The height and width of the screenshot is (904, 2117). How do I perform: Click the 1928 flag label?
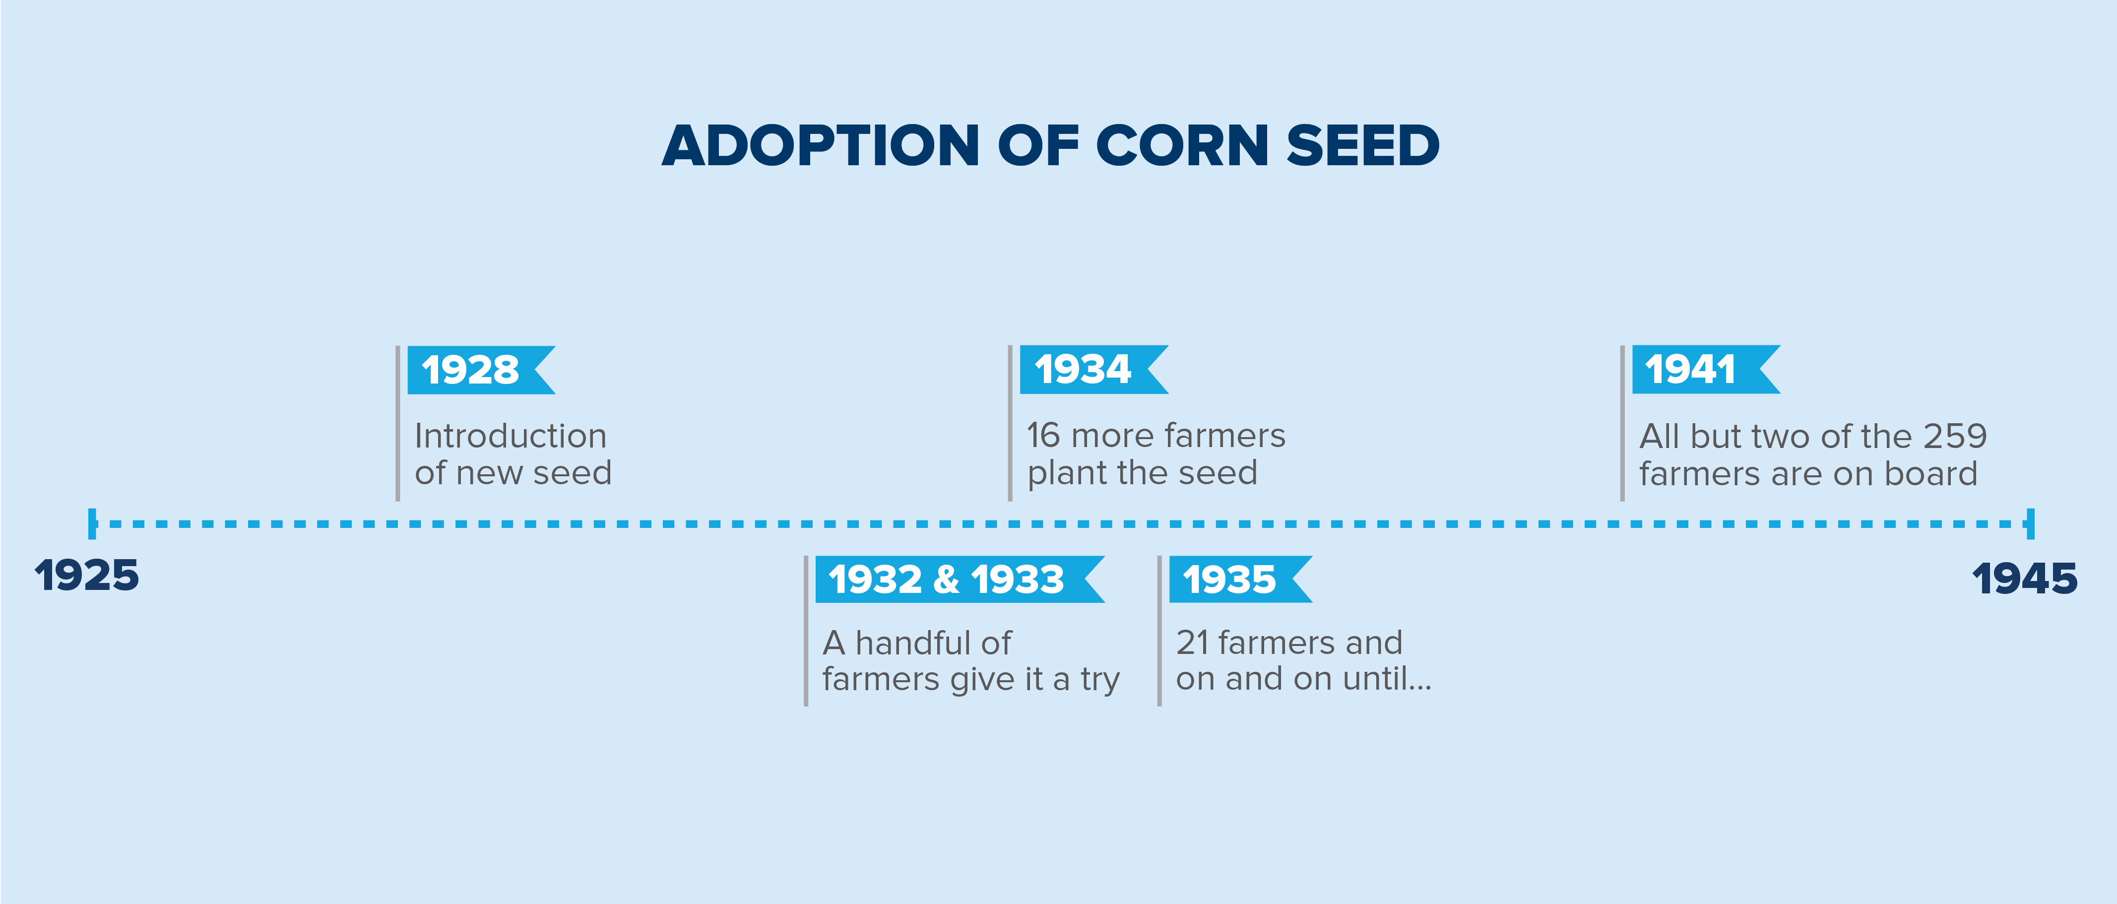click(481, 370)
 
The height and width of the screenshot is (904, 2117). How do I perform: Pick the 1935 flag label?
click(1241, 580)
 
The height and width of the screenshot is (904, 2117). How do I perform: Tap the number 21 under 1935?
click(1192, 643)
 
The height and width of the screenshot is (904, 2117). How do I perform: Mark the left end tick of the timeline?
click(92, 523)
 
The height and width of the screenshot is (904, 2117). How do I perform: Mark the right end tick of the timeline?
click(2031, 523)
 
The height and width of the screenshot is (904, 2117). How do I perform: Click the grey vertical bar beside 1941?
click(1622, 423)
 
